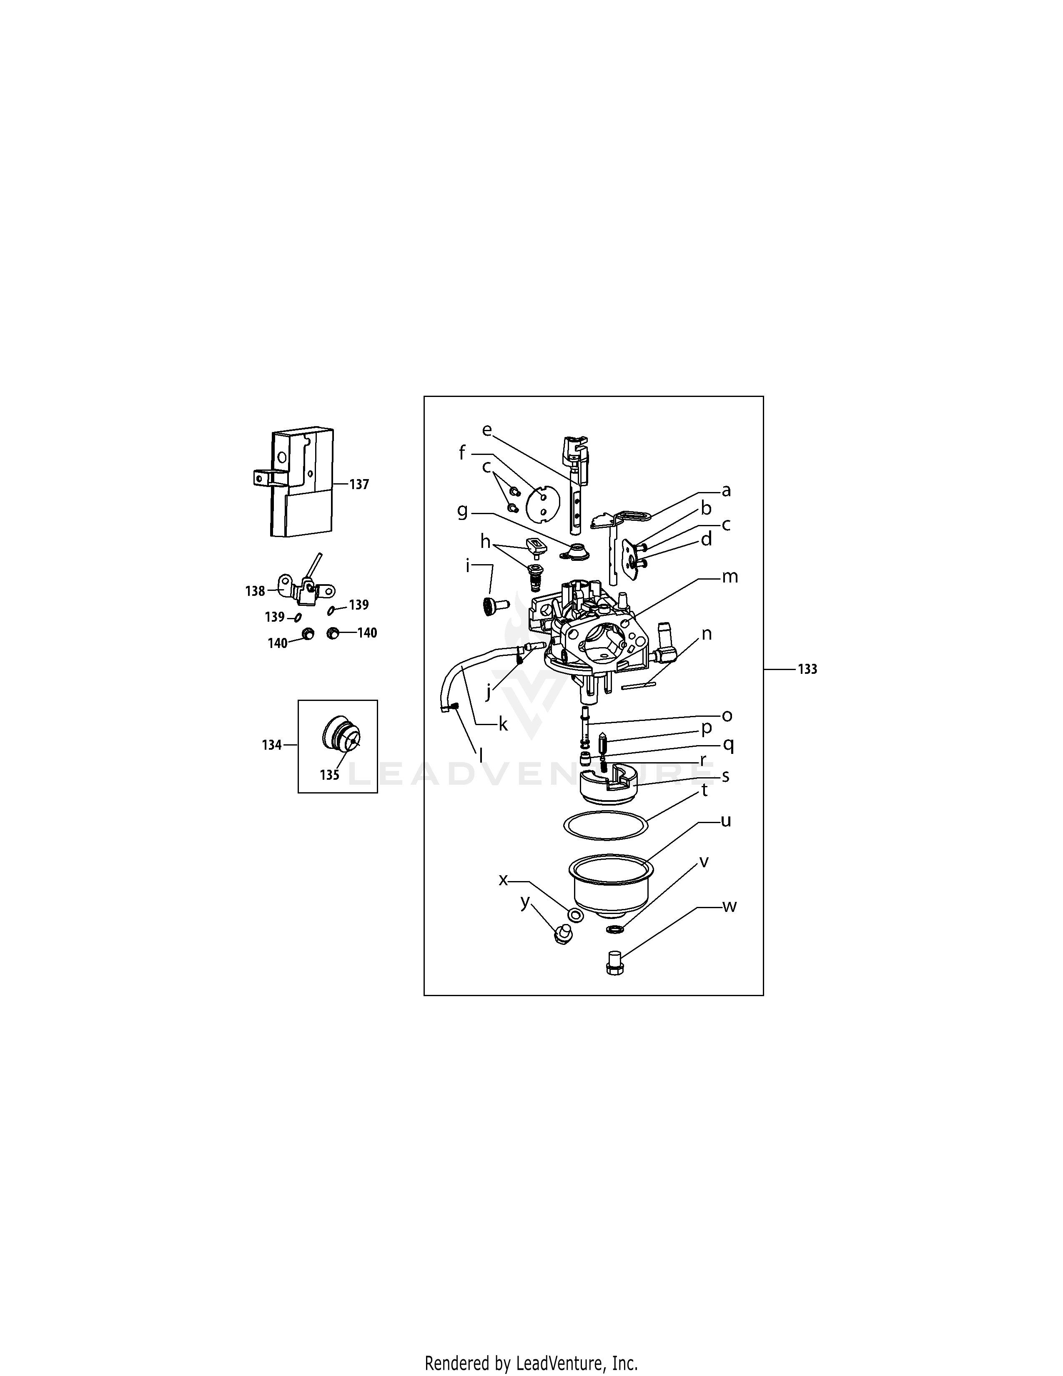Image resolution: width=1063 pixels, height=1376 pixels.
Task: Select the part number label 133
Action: point(807,669)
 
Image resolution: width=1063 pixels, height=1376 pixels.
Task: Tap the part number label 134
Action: point(272,745)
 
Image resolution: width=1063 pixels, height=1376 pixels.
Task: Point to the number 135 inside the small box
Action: point(329,775)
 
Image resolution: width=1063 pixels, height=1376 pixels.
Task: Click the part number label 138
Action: point(255,591)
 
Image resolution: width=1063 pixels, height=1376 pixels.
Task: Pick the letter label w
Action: point(729,906)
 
